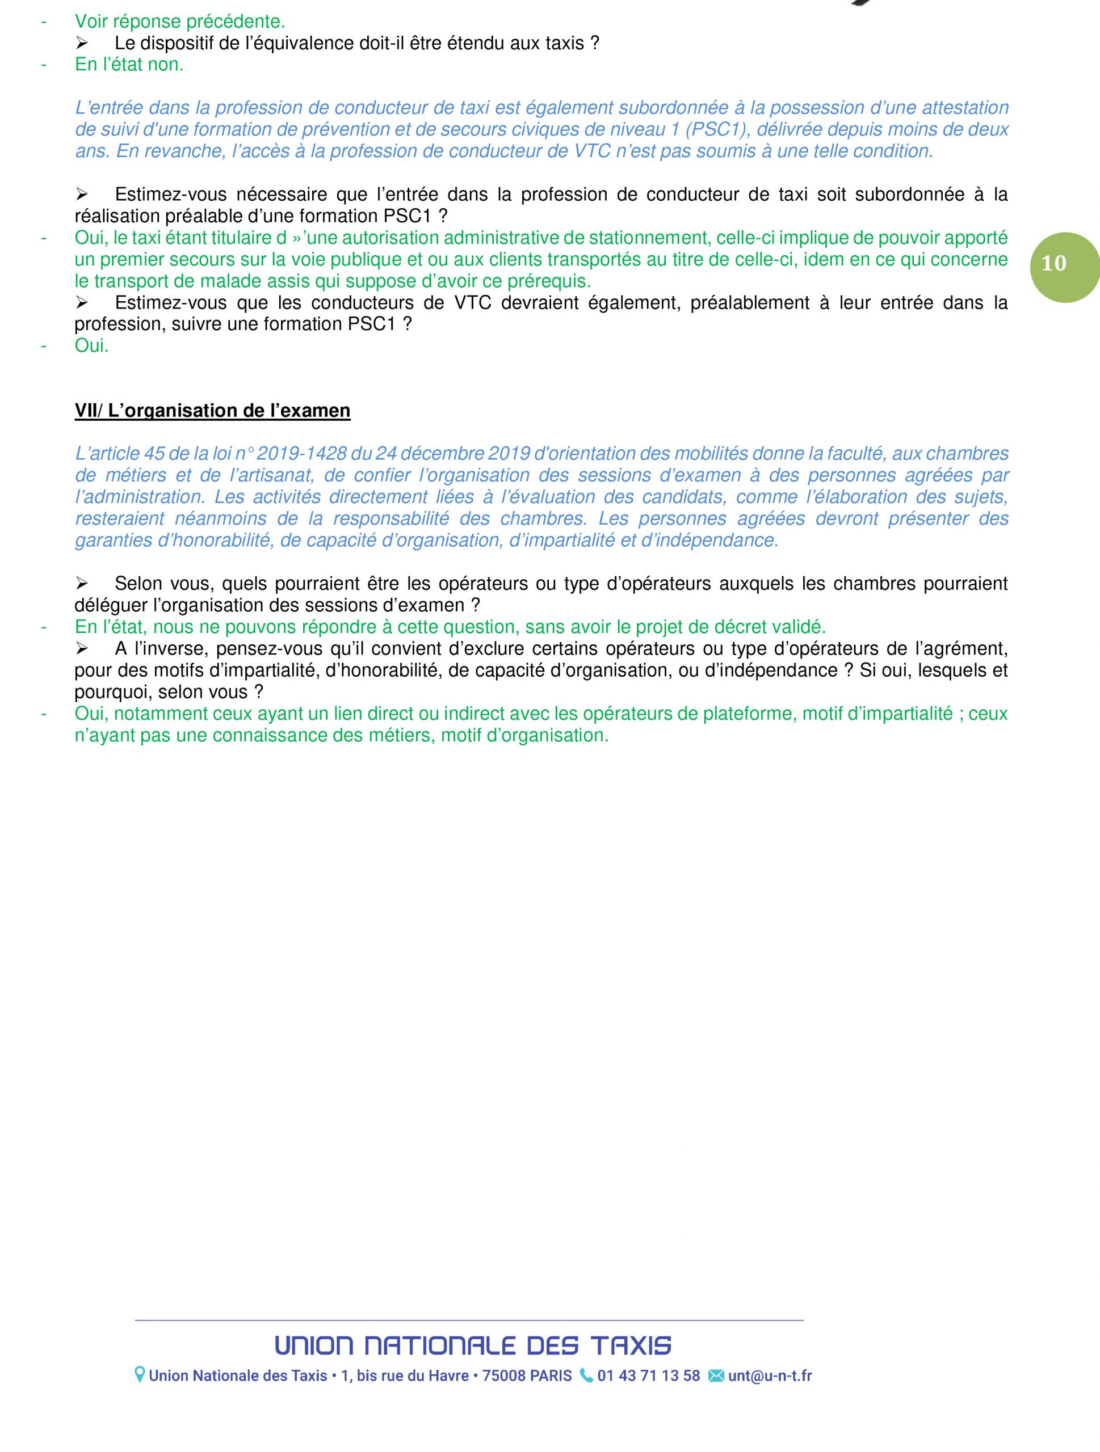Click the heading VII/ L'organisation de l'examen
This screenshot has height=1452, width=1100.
212,411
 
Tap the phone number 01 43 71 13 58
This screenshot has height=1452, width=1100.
648,1376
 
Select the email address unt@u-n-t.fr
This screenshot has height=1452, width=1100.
770,1376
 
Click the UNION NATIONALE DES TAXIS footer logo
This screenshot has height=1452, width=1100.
473,1346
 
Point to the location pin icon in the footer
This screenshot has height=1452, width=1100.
140,1376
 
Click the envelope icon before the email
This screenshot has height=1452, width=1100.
716,1376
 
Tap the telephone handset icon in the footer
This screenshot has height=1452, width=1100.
586,1376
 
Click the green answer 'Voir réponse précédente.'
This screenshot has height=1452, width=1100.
180,22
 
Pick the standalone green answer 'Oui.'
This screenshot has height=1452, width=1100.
91,346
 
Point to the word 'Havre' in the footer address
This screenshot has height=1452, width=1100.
448,1376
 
